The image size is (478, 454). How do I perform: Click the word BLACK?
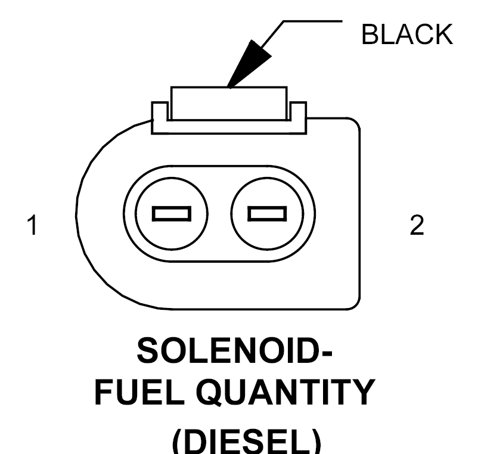point(407,35)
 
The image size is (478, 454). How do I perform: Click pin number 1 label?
point(32,225)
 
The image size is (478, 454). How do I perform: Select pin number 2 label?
point(417,225)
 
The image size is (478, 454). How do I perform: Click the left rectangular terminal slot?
point(172,213)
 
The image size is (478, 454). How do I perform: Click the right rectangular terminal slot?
point(267,213)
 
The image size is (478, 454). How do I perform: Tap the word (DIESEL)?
point(247,441)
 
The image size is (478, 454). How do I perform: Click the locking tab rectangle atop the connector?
point(229,104)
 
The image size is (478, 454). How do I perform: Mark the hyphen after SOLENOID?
point(327,353)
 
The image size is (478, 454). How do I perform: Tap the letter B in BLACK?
point(370,35)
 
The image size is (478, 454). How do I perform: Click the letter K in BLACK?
point(443,35)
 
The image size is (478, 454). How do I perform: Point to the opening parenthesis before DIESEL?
point(178,441)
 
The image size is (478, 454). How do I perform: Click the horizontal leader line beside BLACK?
point(313,21)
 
